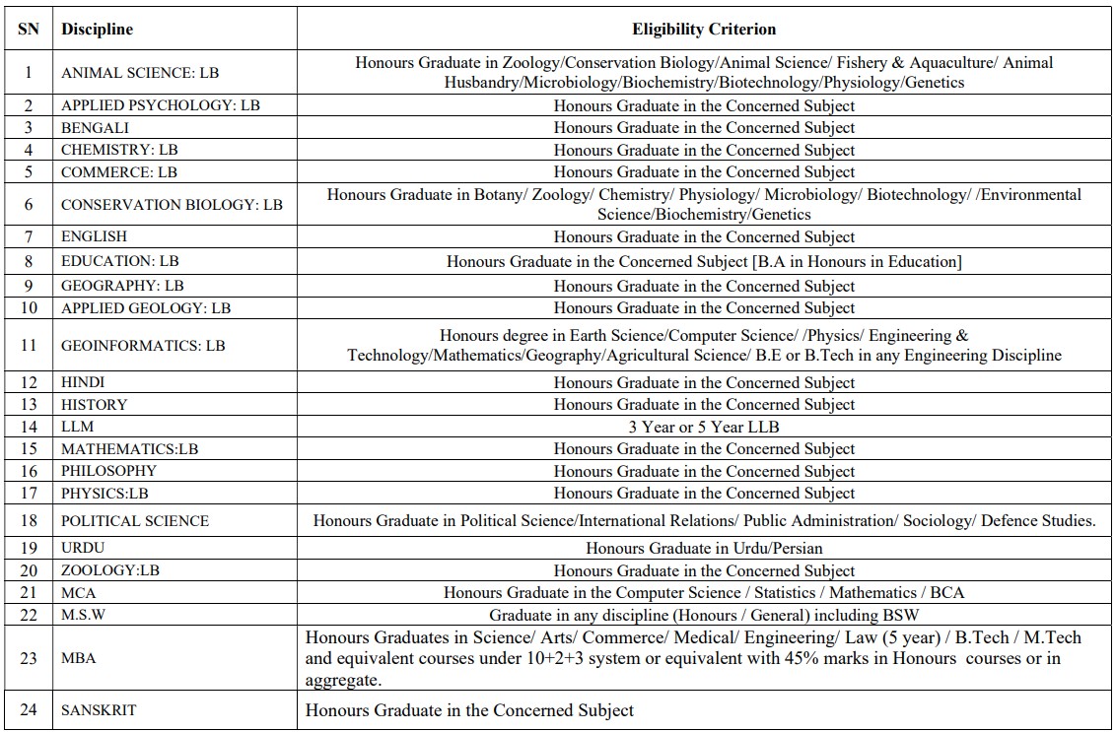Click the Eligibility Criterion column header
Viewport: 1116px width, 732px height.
tap(704, 30)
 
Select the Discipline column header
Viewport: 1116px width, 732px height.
tap(97, 30)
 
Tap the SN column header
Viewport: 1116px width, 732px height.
tap(29, 30)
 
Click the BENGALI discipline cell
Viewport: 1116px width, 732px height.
tap(95, 128)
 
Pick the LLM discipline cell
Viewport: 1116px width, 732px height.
tap(78, 427)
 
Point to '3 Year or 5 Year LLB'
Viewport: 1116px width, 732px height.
tap(704, 427)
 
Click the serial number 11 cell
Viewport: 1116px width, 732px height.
tap(29, 346)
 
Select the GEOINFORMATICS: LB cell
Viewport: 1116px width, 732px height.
tap(143, 346)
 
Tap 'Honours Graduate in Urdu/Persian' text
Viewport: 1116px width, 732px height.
tap(704, 548)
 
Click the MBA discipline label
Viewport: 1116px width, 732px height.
tap(79, 658)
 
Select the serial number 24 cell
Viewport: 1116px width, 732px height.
tap(29, 710)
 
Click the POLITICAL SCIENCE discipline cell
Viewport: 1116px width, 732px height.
tap(135, 521)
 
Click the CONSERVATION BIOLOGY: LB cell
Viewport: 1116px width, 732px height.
tap(172, 205)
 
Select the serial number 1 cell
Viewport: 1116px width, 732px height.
tap(29, 72)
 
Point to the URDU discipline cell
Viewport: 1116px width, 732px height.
tap(83, 548)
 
